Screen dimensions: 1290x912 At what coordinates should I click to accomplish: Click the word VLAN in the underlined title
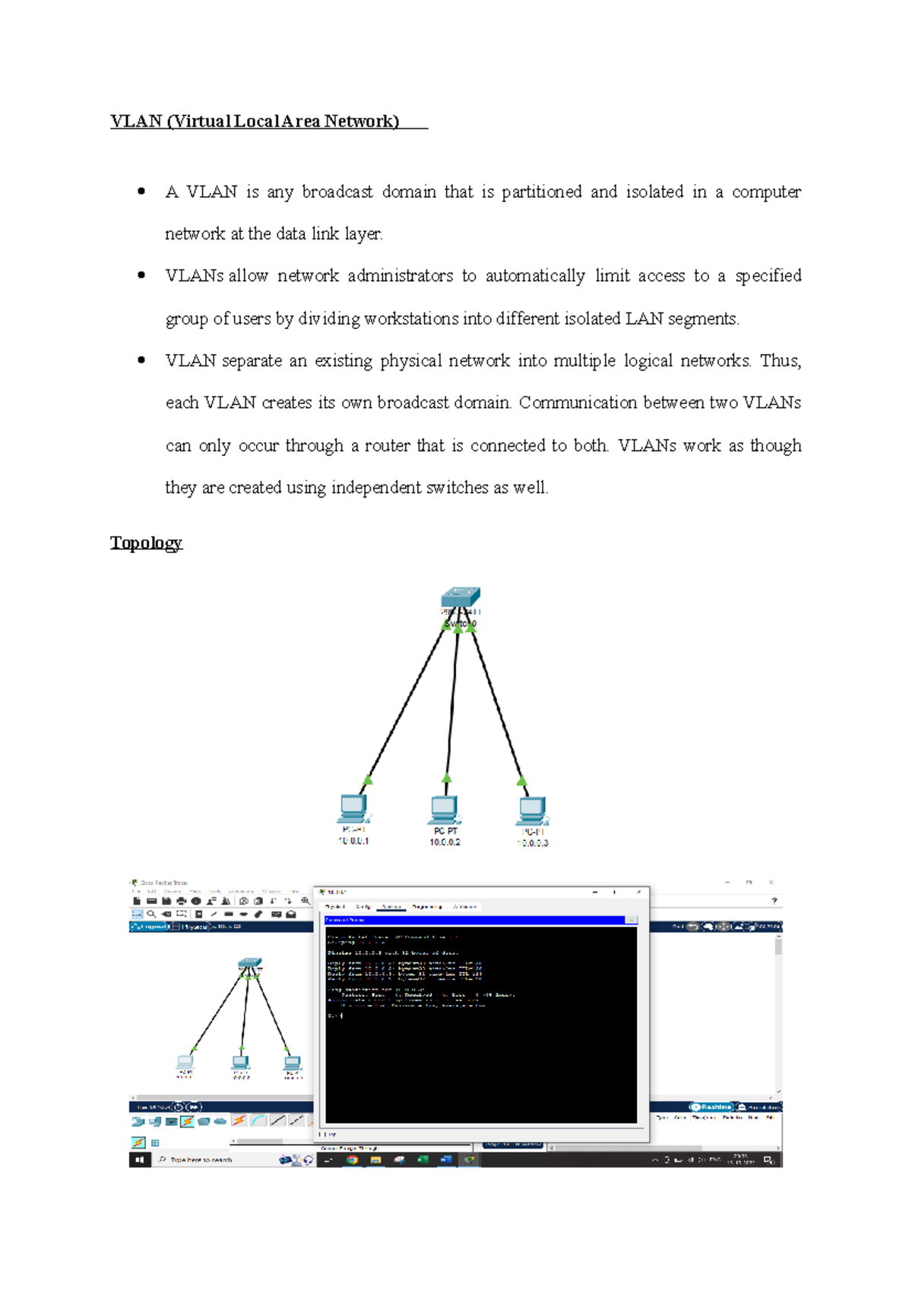click(136, 122)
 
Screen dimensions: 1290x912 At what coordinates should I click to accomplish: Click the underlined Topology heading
click(146, 542)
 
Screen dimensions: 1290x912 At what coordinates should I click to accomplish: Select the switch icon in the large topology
click(461, 597)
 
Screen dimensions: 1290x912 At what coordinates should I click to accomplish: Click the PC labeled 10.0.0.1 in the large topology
click(353, 808)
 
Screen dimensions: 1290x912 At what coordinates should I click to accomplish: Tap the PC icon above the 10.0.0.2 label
click(445, 810)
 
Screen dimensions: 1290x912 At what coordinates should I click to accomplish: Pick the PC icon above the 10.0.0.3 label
click(533, 811)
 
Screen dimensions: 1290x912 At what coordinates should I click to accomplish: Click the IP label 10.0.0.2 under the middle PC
click(445, 843)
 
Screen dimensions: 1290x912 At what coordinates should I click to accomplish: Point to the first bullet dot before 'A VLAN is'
click(141, 191)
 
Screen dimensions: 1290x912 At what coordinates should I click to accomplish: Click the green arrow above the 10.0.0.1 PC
click(368, 780)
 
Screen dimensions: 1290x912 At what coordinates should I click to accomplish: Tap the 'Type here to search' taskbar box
click(201, 1160)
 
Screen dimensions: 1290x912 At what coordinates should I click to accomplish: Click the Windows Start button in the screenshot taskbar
click(139, 1160)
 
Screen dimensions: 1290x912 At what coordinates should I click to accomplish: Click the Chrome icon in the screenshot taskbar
click(352, 1160)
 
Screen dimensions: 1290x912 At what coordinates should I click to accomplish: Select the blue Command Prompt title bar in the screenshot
click(475, 920)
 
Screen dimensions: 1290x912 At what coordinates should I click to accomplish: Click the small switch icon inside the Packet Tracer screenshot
click(250, 963)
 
